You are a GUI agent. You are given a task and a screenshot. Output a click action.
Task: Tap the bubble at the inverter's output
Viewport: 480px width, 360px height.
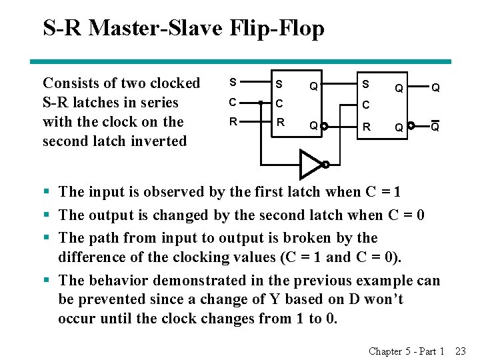325,165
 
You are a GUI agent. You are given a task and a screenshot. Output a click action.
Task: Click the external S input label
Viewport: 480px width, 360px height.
232,83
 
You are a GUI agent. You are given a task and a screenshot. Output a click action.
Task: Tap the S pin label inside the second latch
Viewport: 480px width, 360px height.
365,84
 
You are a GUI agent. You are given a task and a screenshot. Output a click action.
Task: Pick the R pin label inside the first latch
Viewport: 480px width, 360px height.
281,123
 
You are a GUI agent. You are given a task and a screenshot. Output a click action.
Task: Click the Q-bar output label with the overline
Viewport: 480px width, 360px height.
435,126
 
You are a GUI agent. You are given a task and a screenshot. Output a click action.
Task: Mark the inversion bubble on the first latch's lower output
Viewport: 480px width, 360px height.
324,125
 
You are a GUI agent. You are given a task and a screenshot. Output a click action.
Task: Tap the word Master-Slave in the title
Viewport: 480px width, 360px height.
173,28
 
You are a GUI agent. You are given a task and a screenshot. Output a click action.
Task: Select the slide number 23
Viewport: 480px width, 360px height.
460,351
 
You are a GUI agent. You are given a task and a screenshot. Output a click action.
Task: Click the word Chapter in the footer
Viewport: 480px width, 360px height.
385,351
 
